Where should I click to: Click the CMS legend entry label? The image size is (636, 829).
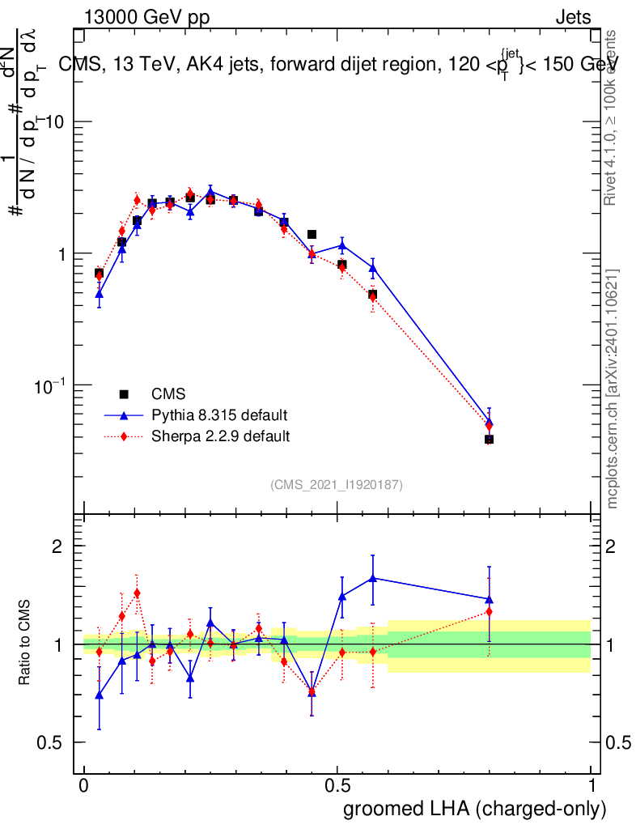pyautogui.click(x=168, y=394)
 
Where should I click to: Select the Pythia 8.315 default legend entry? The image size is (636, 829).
pyautogui.click(x=219, y=415)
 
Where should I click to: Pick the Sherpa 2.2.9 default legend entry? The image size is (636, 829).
pyautogui.click(x=221, y=436)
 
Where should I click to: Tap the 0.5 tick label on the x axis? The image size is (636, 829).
pyautogui.click(x=337, y=786)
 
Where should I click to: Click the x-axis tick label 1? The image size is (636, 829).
pyautogui.click(x=591, y=786)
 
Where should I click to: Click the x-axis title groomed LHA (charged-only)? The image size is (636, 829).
pyautogui.click(x=475, y=809)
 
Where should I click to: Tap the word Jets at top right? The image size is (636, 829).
pyautogui.click(x=572, y=17)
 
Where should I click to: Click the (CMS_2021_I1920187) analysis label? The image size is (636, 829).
pyautogui.click(x=337, y=484)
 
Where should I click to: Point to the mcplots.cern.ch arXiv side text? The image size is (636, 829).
pyautogui.click(x=613, y=389)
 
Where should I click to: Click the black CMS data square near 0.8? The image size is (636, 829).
pyautogui.click(x=489, y=439)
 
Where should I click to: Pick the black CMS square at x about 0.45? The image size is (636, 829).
pyautogui.click(x=312, y=234)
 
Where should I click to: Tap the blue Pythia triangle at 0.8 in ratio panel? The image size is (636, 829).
pyautogui.click(x=489, y=599)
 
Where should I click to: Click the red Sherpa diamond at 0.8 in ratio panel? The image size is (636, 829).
pyautogui.click(x=489, y=612)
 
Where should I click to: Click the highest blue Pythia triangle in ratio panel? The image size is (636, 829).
pyautogui.click(x=372, y=578)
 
